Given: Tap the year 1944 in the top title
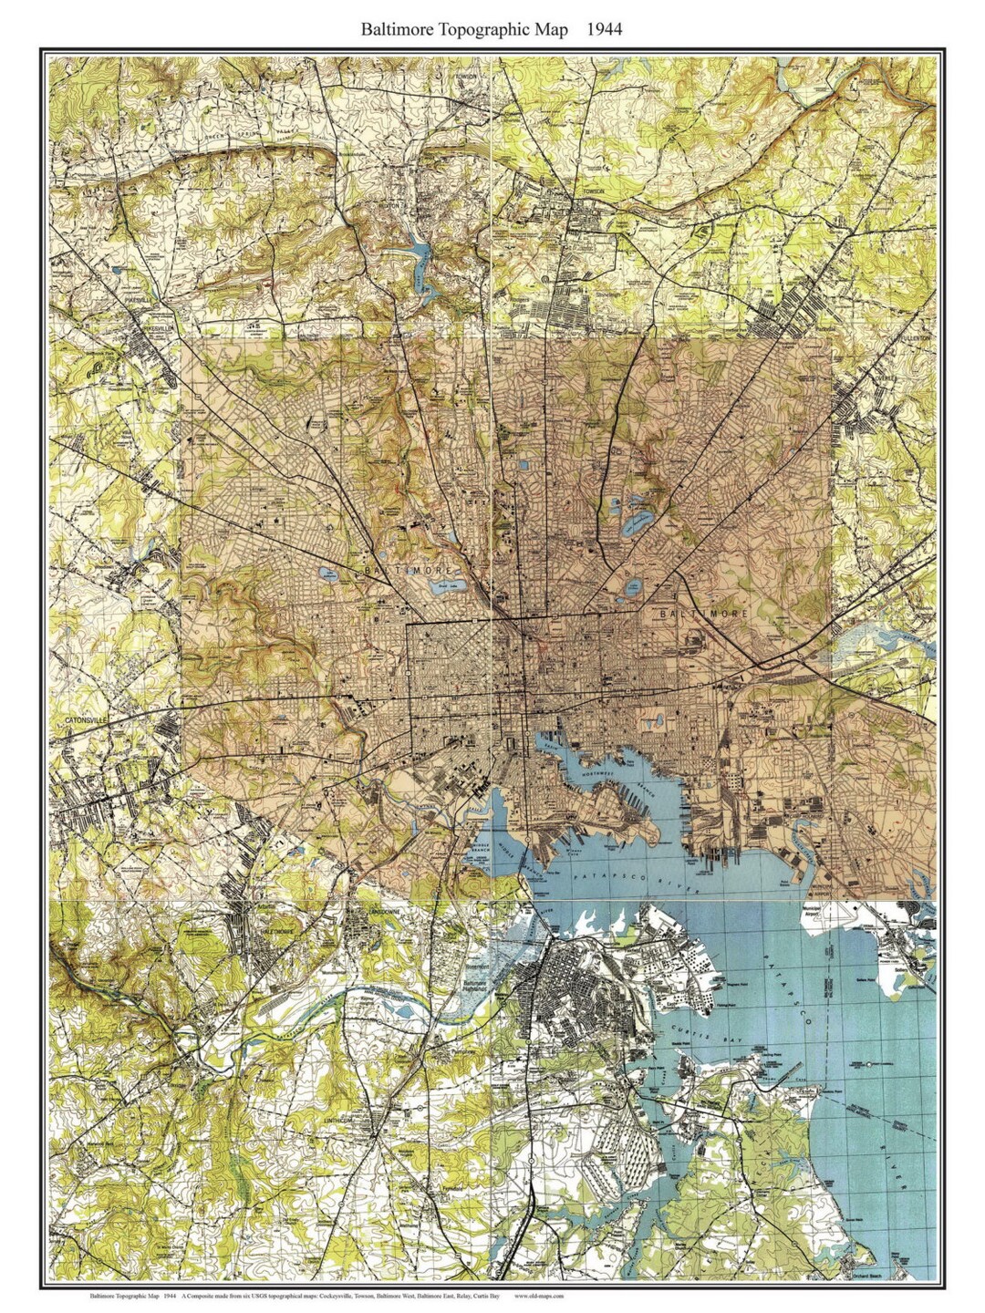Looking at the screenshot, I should pos(604,29).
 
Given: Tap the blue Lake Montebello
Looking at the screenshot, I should pos(633,526).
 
